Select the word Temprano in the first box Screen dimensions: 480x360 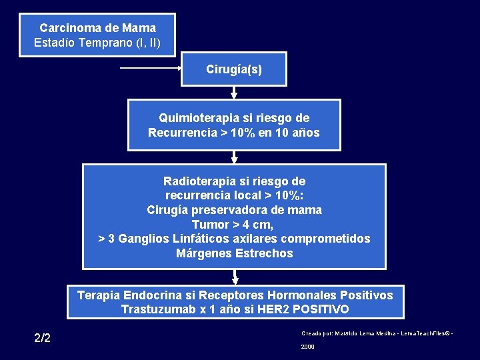[103, 43]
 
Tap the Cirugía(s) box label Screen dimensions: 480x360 [234, 69]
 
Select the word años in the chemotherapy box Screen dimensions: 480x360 [305, 132]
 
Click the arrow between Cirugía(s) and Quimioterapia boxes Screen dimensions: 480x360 [234, 93]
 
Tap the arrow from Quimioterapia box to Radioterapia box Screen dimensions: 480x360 [234, 157]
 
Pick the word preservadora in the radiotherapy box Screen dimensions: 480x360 [233, 210]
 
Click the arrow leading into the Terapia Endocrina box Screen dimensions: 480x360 [234, 277]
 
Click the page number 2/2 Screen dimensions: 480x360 [42, 337]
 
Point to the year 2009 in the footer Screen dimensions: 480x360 [308, 347]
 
